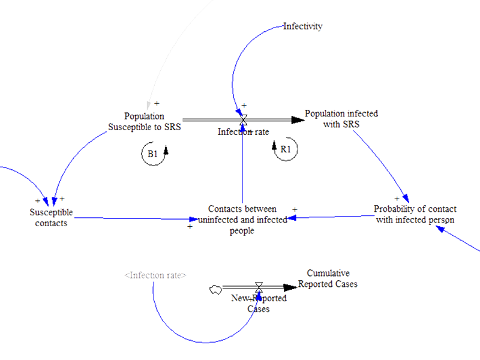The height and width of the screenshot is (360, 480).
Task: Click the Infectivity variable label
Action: (303, 26)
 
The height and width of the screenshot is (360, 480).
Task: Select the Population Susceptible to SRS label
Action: (144, 121)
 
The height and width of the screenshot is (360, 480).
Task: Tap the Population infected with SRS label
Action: (341, 118)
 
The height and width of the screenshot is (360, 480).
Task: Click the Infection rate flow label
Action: (243, 132)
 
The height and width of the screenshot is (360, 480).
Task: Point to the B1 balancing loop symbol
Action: (154, 154)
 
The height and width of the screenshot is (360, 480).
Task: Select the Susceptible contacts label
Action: (51, 217)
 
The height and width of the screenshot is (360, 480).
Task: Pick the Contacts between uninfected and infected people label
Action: (242, 220)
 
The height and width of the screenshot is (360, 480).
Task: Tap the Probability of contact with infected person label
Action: (415, 214)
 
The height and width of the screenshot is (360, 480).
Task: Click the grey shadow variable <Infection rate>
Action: (155, 275)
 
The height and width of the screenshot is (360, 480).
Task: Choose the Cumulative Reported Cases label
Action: (328, 278)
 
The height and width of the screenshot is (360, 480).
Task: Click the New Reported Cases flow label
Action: (259, 304)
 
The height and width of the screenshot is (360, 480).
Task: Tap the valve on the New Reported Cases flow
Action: (259, 287)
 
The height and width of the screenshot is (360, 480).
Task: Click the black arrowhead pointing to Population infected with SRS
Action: (298, 120)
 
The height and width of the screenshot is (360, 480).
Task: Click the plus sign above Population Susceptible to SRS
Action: (157, 104)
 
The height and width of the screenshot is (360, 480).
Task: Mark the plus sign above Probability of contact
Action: (397, 198)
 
